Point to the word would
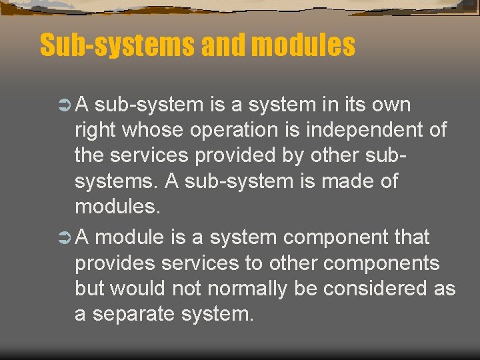click(x=139, y=289)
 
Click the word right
click(x=95, y=131)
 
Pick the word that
click(x=413, y=237)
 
